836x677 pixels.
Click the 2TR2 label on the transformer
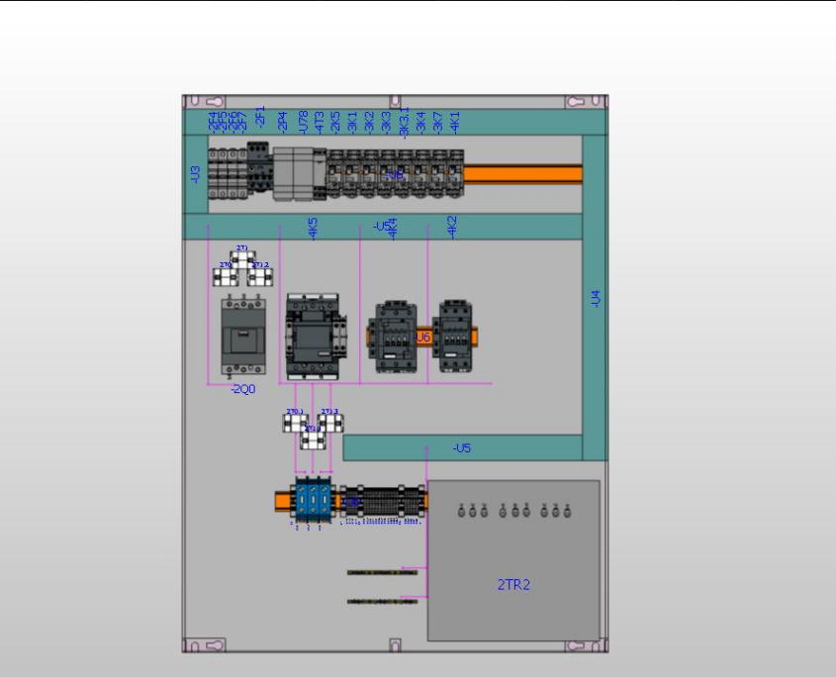pos(513,585)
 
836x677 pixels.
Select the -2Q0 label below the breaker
pos(242,389)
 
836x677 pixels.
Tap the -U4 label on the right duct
pos(595,299)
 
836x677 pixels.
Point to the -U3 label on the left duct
pos(195,174)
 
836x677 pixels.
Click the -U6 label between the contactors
pos(422,338)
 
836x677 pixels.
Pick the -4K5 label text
pos(313,229)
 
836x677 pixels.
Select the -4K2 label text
pos(452,227)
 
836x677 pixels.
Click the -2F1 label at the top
pos(260,117)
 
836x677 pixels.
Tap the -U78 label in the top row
pos(303,121)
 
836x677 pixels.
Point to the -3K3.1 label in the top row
pos(404,124)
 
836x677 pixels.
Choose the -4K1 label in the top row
pos(455,121)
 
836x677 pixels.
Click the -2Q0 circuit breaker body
pos(242,338)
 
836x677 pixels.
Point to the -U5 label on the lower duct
pos(462,448)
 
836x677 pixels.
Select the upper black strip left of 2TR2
pos(382,571)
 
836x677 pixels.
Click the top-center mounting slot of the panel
pos(395,101)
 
